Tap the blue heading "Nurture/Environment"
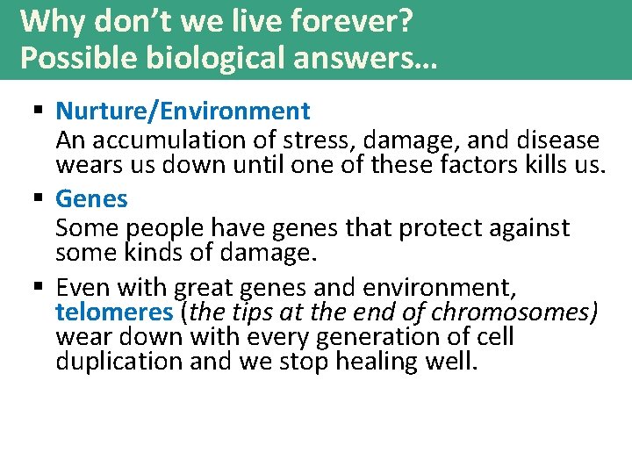pyautogui.click(x=183, y=111)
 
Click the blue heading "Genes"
pyautogui.click(x=91, y=199)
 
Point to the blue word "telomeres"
pyautogui.click(x=114, y=312)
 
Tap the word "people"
pyautogui.click(x=159, y=228)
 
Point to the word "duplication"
pyautogui.click(x=119, y=362)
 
